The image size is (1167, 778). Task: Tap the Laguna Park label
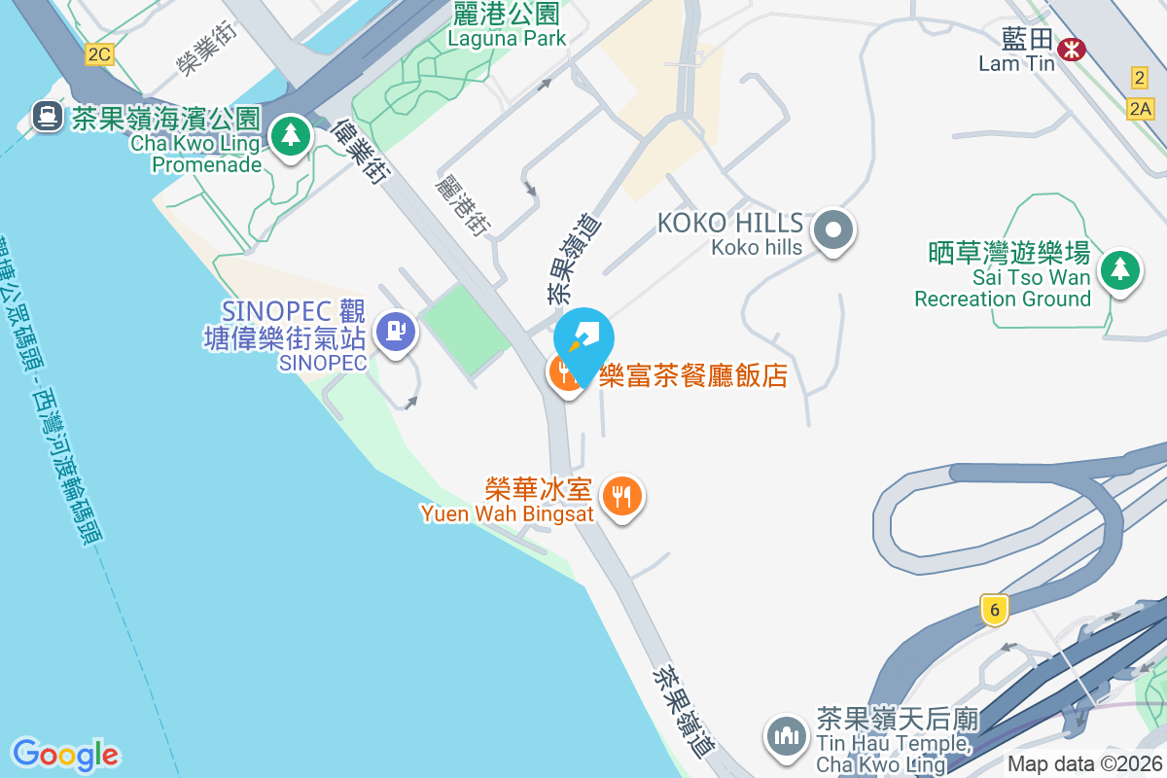(x=506, y=26)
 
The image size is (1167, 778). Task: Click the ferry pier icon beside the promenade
(x=46, y=118)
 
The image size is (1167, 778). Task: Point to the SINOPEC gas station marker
(x=395, y=332)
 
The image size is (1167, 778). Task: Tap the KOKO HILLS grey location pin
(x=833, y=231)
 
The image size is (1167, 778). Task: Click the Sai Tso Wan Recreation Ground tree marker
(x=1119, y=270)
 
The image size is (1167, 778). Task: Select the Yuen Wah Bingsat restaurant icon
(x=621, y=497)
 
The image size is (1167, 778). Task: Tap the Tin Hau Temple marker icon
(x=785, y=735)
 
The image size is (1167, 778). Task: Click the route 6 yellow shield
(x=992, y=610)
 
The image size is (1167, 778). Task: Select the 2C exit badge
(x=98, y=54)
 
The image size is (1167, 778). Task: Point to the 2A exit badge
(x=1142, y=109)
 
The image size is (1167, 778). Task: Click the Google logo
(x=65, y=755)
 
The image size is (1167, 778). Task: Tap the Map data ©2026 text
(x=1084, y=764)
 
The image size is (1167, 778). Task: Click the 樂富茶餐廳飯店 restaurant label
(x=692, y=376)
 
